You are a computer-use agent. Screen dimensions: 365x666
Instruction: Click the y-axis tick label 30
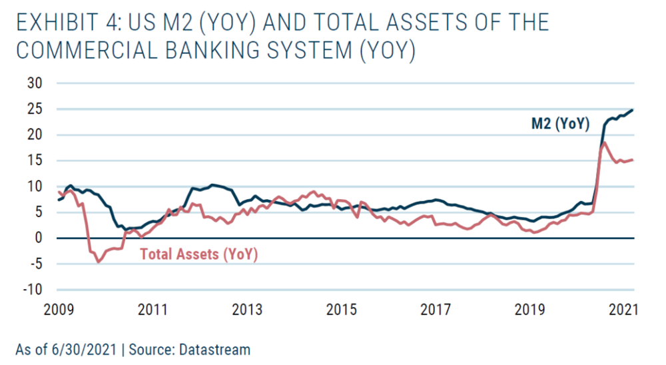34,83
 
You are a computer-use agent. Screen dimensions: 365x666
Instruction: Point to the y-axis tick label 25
34,109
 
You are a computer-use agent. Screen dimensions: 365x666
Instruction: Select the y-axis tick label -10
31,290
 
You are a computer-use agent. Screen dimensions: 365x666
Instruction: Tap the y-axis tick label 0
38,238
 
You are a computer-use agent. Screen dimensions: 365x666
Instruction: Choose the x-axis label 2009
59,310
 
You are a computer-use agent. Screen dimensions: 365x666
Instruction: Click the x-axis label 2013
247,310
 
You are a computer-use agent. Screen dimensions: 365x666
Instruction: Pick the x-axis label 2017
436,310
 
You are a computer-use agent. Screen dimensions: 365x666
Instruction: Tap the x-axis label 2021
625,310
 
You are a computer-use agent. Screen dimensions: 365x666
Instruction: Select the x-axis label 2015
342,310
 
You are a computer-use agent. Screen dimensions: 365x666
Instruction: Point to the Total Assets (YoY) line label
198,254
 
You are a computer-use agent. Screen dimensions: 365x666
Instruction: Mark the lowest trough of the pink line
99,262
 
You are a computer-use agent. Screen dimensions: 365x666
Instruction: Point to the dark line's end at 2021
632,110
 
